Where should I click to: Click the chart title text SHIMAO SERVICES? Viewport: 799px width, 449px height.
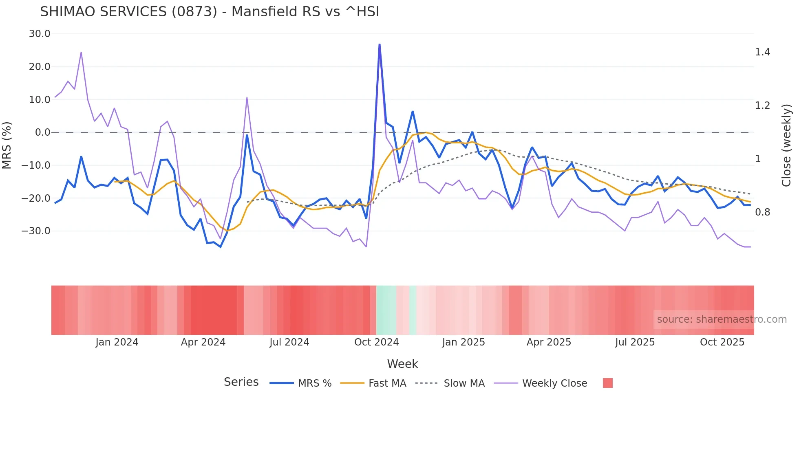click(210, 12)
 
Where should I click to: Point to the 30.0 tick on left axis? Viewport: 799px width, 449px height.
click(40, 34)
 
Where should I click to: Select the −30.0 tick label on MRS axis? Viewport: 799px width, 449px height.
click(36, 231)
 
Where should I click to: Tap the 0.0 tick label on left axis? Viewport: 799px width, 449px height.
click(42, 132)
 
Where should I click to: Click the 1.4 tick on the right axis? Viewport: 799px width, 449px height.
click(762, 52)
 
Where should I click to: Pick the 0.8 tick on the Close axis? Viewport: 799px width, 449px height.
click(762, 212)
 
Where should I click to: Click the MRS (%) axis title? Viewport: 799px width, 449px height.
click(7, 145)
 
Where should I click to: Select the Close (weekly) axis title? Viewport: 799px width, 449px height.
click(786, 145)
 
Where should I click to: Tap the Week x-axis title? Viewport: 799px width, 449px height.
click(402, 364)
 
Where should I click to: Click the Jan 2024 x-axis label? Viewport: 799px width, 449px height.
click(117, 342)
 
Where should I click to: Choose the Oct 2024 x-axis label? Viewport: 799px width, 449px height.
click(376, 342)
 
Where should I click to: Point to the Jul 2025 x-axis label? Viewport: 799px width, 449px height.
click(635, 342)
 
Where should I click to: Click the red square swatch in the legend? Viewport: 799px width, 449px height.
click(607, 383)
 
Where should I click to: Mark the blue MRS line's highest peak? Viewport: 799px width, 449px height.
click(380, 44)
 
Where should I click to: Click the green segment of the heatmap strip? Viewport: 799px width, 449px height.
click(386, 310)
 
